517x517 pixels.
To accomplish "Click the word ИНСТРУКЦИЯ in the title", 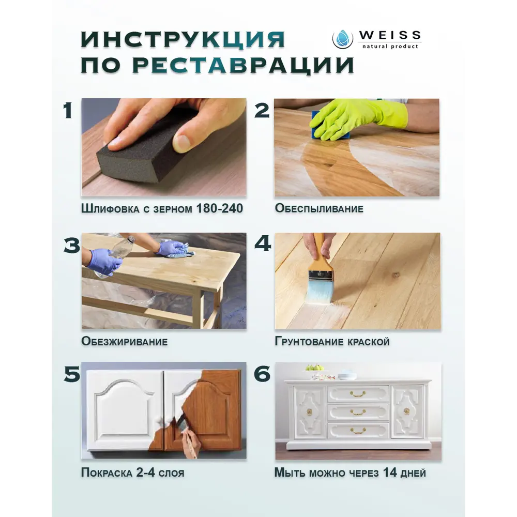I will point(183,40).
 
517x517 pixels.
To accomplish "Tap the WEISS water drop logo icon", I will point(342,38).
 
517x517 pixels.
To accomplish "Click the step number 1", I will point(67,111).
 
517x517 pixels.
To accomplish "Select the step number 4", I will point(262,244).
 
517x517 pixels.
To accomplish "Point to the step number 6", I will point(262,374).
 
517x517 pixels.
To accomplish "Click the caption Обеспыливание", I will point(319,209).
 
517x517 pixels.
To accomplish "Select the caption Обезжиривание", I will point(124,342).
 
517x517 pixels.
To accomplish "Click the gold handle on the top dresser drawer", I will point(358,394).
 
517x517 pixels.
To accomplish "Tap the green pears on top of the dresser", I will point(314,367).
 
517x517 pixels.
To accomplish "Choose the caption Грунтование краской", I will point(332,342).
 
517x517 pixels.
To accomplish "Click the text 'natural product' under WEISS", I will point(388,46).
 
